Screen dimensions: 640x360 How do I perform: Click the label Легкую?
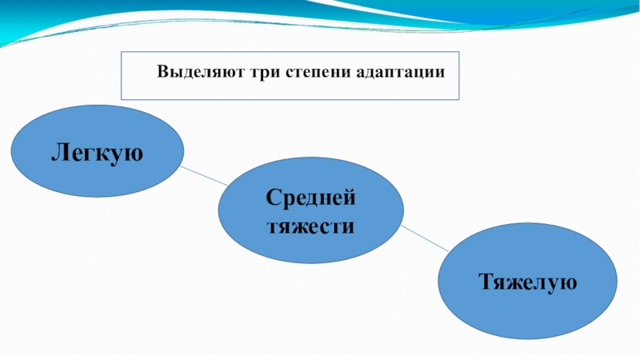click(98, 151)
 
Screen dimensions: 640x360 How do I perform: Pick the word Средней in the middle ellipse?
click(310, 197)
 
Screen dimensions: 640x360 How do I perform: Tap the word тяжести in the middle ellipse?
click(310, 226)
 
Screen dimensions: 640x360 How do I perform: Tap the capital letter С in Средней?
click(272, 197)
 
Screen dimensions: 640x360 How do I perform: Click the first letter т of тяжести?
click(271, 226)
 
